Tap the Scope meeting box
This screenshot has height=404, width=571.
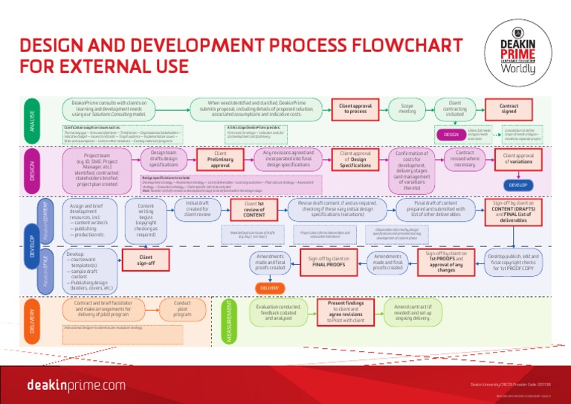pos(407,109)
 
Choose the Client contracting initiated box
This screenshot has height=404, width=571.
pos(455,109)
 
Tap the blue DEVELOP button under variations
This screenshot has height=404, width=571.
pos(518,185)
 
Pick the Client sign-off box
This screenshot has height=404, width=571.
pos(146,259)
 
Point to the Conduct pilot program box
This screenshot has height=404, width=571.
pos(183,309)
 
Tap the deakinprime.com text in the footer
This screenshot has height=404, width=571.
pos(77,385)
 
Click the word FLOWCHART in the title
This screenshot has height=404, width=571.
pos(386,45)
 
